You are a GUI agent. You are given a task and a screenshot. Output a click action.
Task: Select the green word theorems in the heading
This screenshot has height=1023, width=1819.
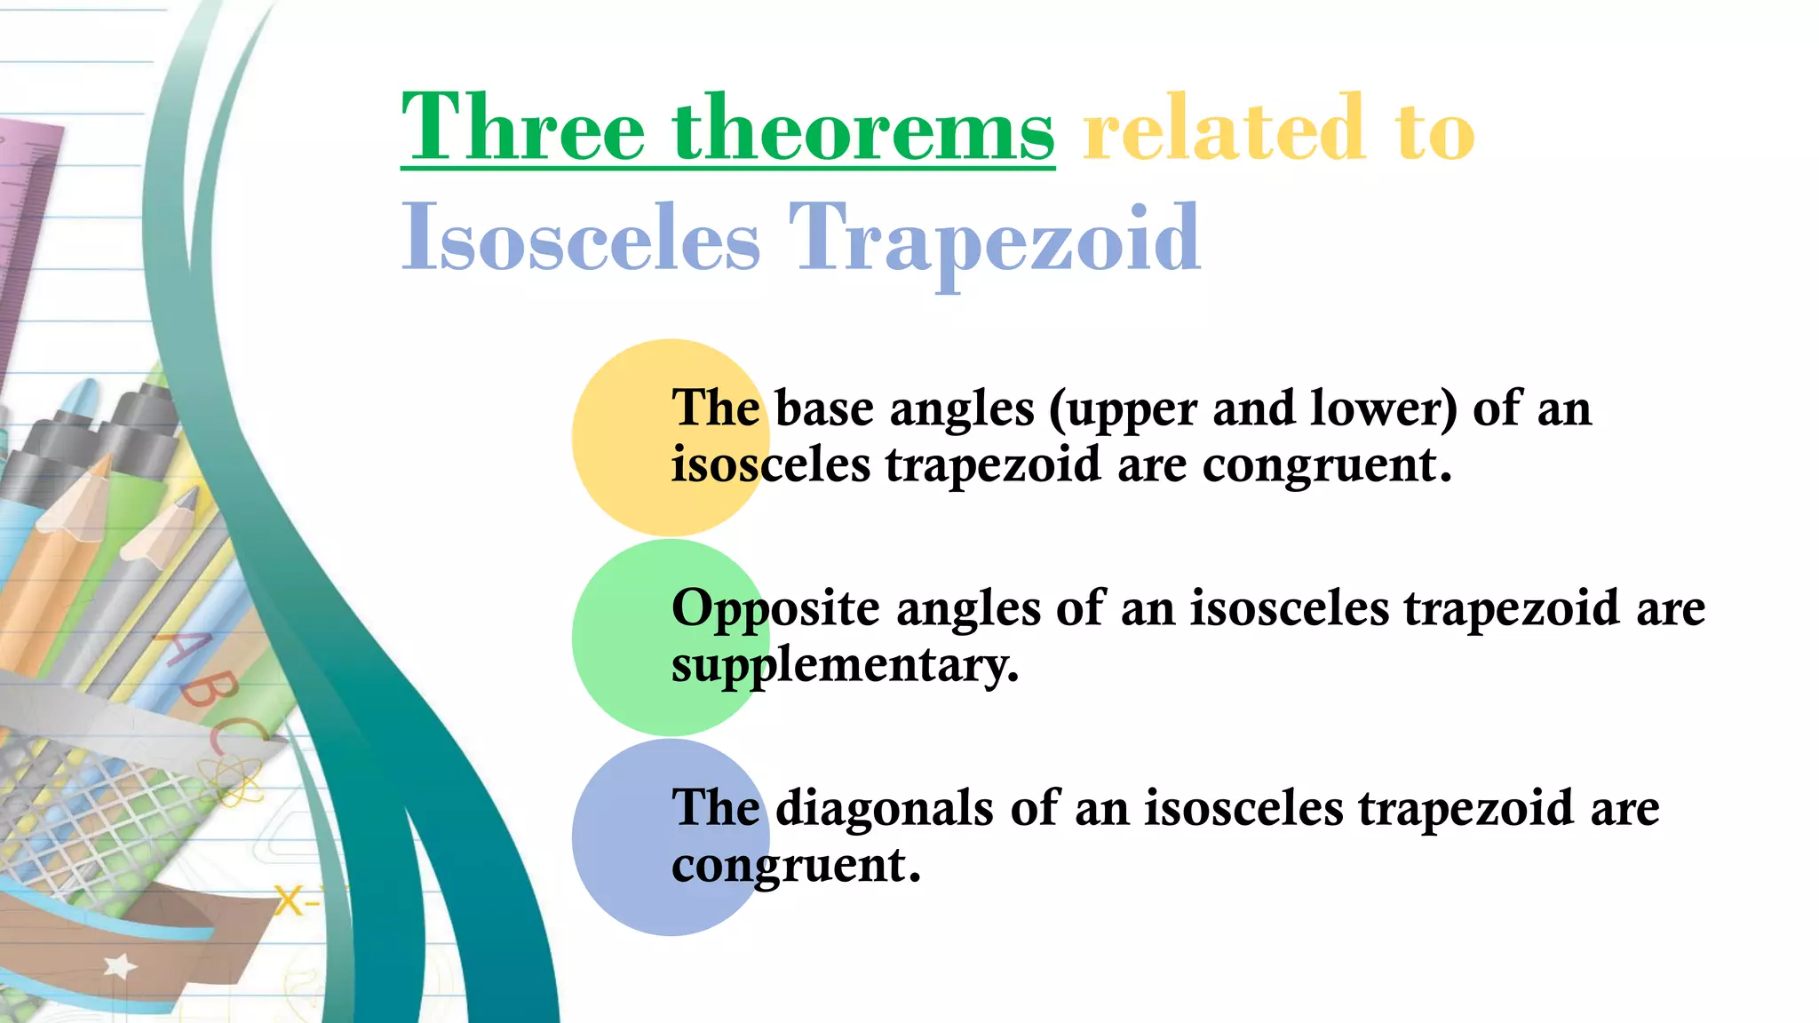(x=863, y=130)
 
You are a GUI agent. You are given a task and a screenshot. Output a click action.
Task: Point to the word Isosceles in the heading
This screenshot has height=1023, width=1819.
(x=581, y=238)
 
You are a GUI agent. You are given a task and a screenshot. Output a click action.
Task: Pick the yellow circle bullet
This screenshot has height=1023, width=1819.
(x=622, y=437)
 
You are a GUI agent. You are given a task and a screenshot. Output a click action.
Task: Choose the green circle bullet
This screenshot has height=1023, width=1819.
(x=622, y=638)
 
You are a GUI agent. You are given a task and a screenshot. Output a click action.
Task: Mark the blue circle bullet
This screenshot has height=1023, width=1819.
(x=622, y=837)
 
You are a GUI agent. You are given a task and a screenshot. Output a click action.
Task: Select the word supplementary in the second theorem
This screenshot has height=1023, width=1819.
(x=845, y=666)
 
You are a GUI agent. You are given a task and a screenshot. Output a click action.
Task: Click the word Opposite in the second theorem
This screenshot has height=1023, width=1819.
(x=775, y=610)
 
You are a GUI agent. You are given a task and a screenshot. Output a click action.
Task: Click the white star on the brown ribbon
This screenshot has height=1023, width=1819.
(x=120, y=966)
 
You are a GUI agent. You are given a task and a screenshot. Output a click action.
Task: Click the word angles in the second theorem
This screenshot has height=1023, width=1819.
(x=968, y=611)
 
